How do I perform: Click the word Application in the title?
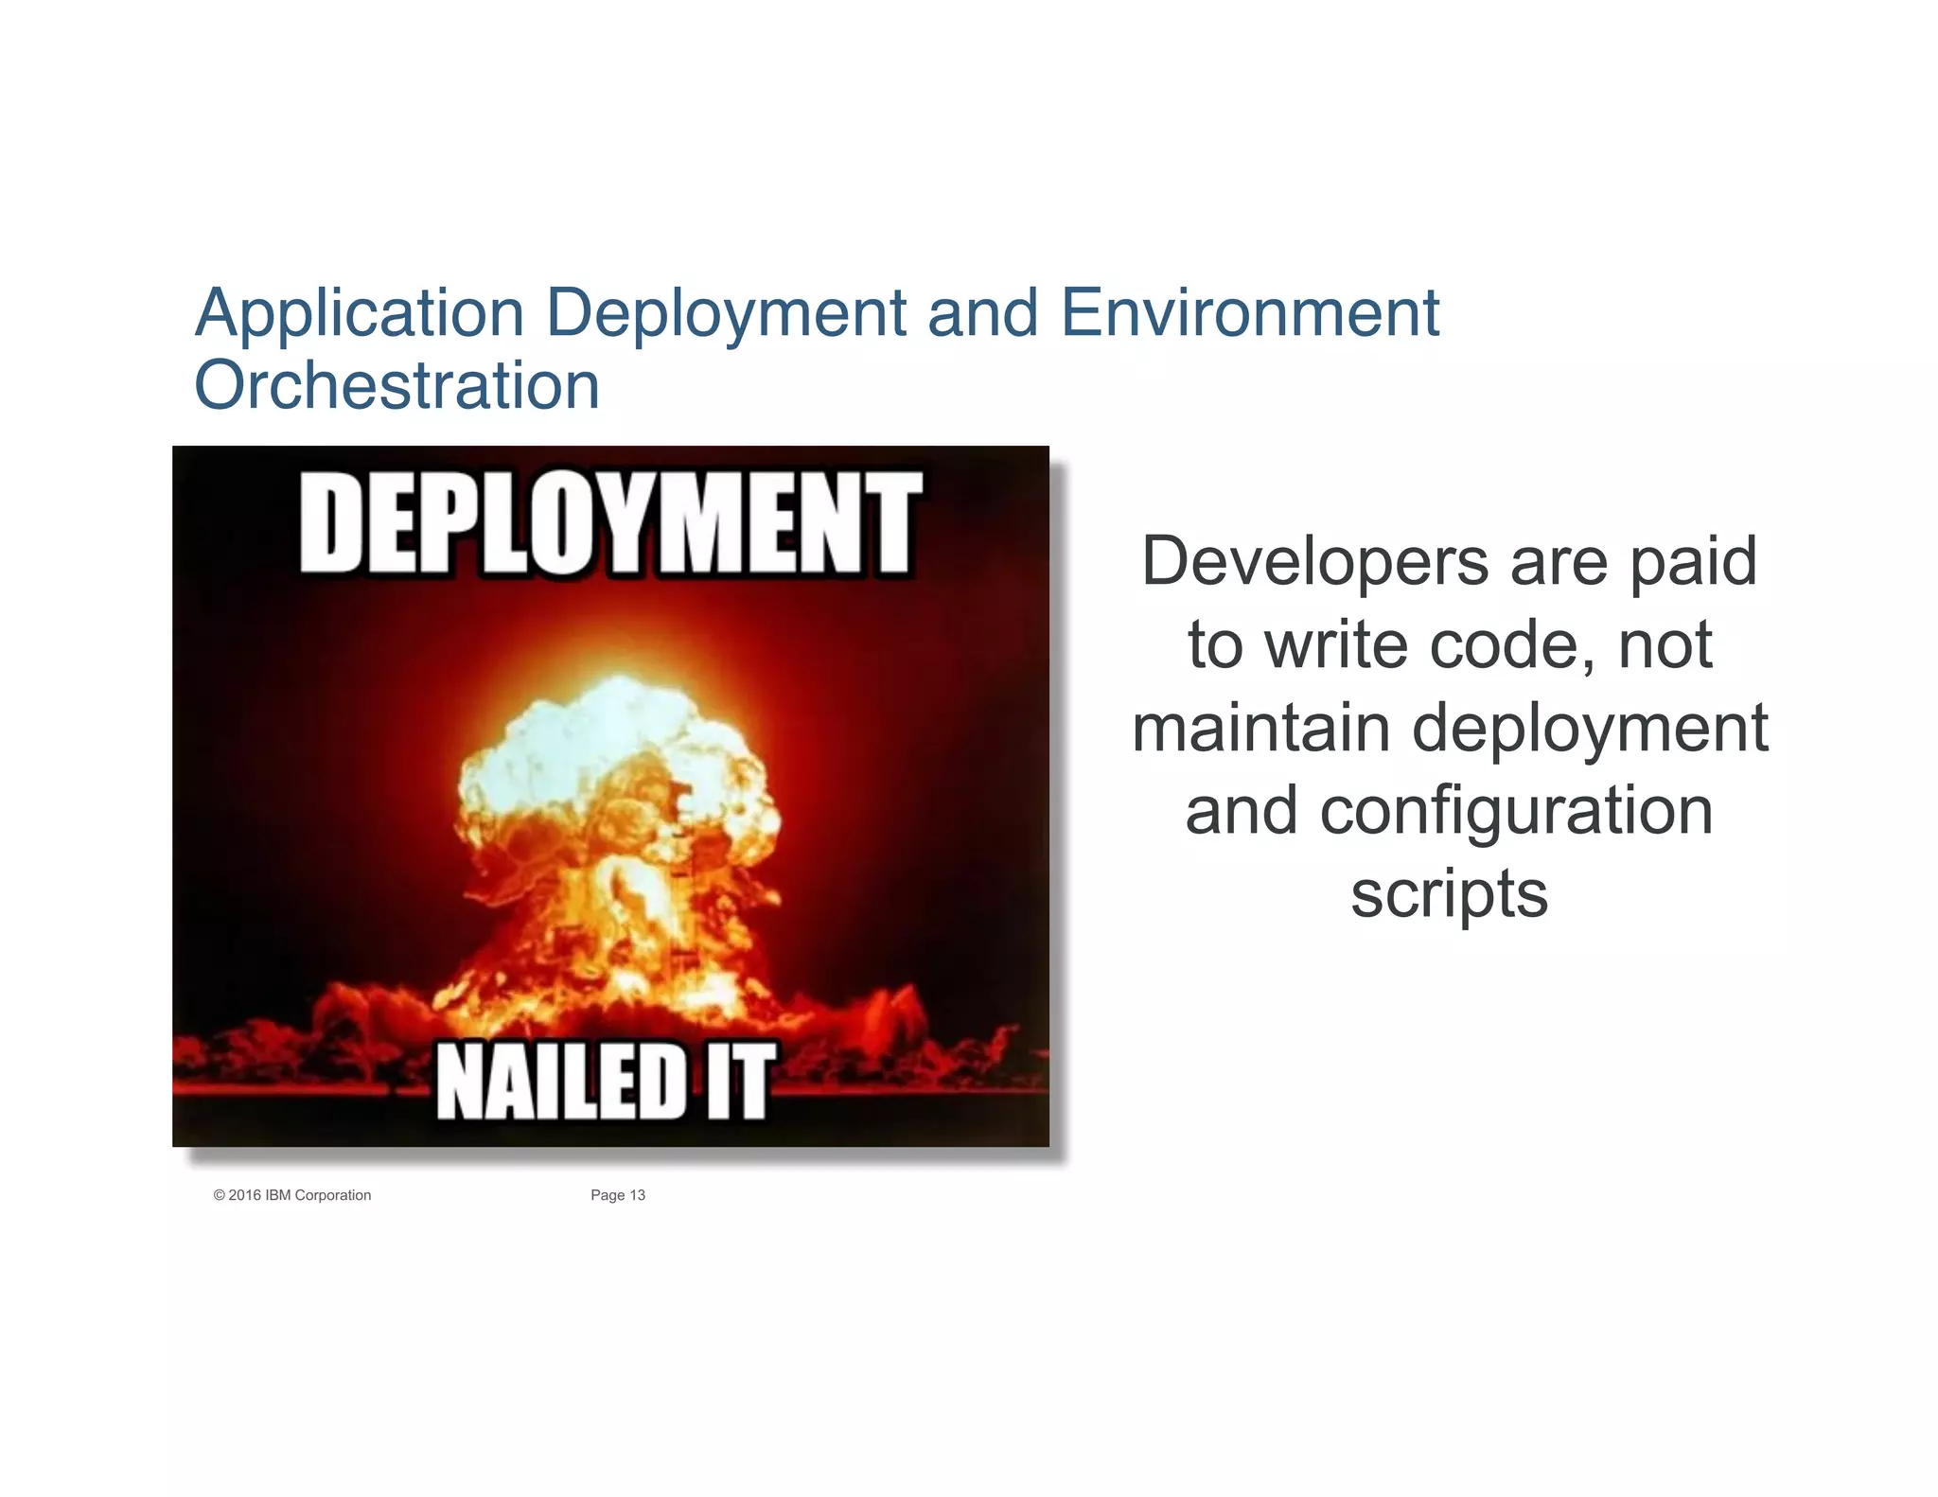tap(360, 314)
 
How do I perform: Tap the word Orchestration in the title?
tap(396, 385)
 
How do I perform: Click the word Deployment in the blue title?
tap(726, 314)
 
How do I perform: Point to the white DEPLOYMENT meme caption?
tap(610, 523)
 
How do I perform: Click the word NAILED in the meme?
tap(560, 1082)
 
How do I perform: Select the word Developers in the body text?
tap(1315, 562)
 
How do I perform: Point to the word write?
tap(1336, 645)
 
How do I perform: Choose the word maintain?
tap(1261, 728)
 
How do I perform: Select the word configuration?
tap(1516, 812)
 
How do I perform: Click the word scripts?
tap(1449, 894)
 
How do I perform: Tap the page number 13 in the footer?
tap(637, 1195)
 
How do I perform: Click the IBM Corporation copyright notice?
tap(292, 1195)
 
